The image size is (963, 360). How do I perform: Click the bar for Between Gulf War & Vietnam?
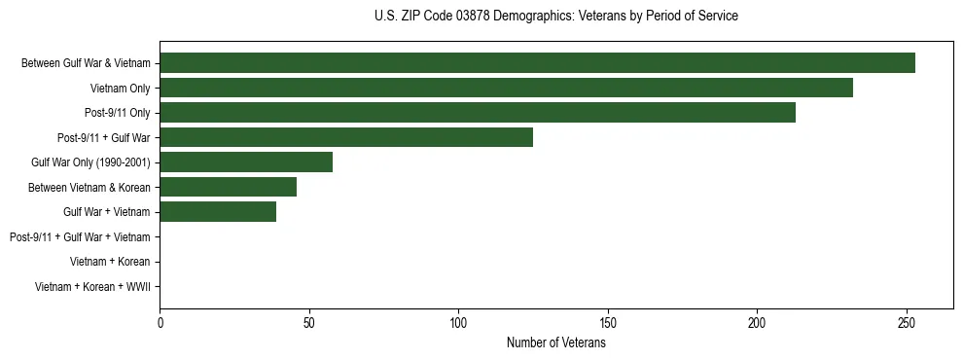coord(537,63)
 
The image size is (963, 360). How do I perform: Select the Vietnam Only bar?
coord(506,88)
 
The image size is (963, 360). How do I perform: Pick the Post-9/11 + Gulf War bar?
coord(346,137)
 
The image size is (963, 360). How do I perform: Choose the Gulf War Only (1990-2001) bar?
coord(246,162)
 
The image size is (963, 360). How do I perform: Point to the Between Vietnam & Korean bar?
coord(229,187)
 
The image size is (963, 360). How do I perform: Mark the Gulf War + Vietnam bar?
coord(218,212)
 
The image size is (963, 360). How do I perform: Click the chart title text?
coord(555,17)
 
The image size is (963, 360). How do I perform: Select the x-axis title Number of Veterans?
coord(555,343)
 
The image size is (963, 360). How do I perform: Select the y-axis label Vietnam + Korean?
coord(110,262)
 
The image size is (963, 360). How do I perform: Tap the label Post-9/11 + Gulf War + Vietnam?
coord(80,237)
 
